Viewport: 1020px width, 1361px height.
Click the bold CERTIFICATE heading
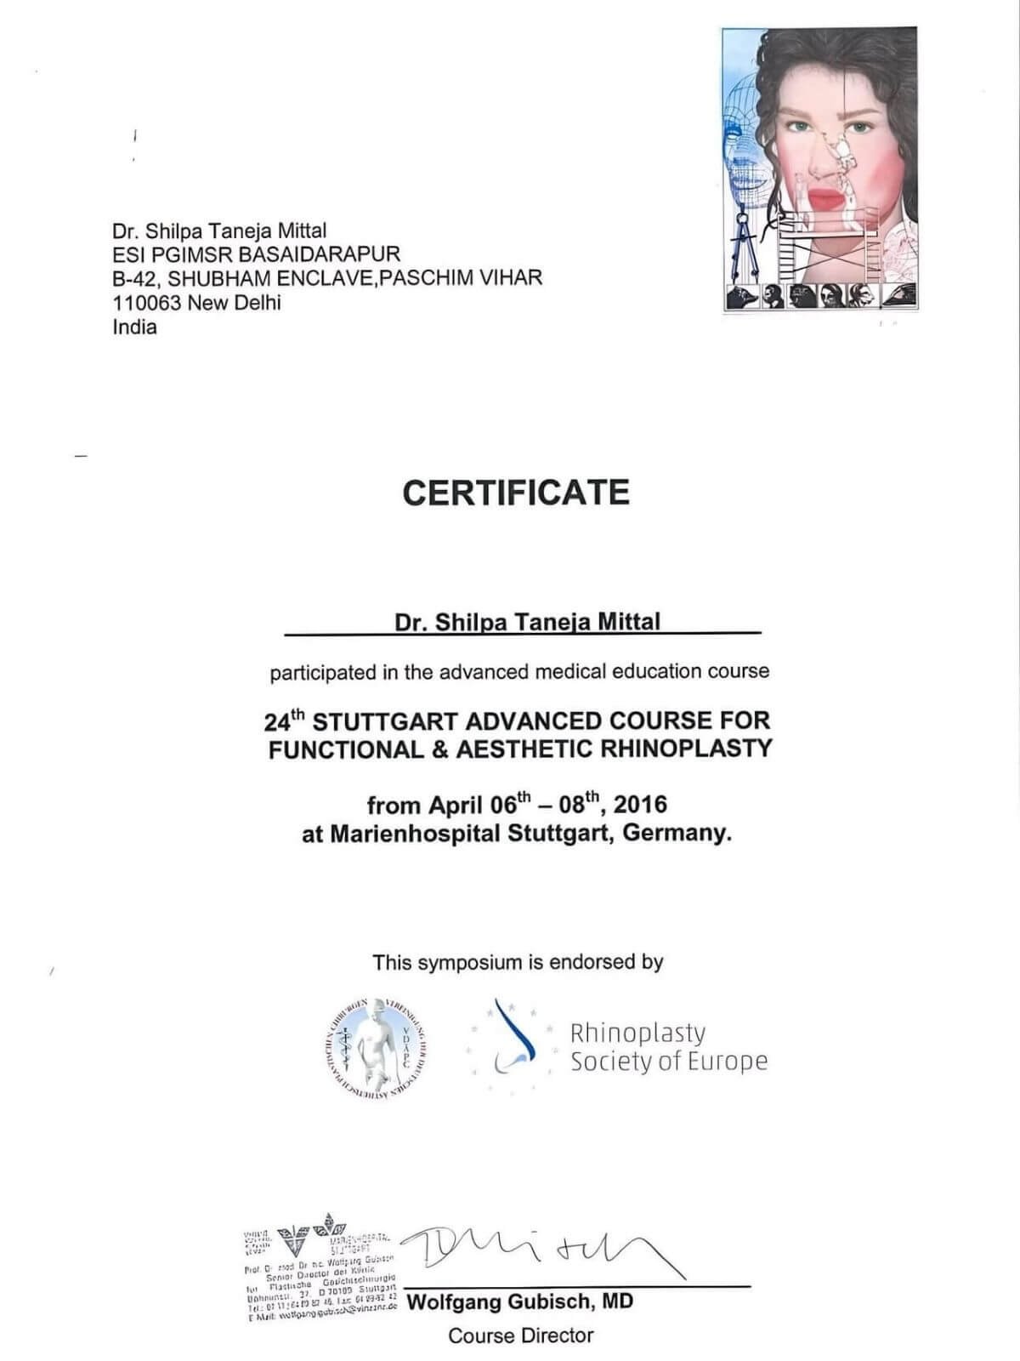[516, 493]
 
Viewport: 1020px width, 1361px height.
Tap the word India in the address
[134, 327]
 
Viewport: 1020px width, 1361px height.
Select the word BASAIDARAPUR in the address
[320, 253]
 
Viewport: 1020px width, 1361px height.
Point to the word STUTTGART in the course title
[386, 721]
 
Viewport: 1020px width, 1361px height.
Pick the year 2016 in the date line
[640, 805]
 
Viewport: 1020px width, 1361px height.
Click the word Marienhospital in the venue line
[414, 833]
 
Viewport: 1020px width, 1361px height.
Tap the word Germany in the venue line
[677, 833]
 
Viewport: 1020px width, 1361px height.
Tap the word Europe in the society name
[729, 1062]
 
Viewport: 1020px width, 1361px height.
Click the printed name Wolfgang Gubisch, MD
[520, 1302]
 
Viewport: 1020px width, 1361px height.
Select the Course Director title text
[520, 1336]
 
